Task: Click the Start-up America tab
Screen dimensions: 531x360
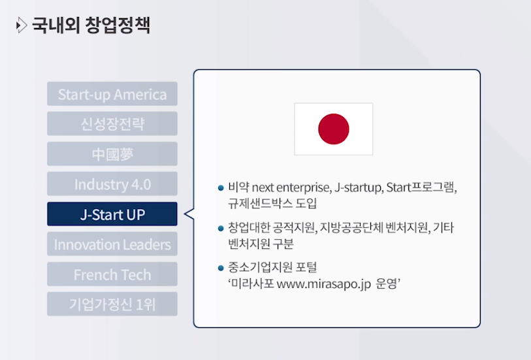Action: click(x=112, y=94)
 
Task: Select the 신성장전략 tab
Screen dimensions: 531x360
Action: click(x=112, y=123)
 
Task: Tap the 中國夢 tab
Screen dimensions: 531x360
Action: click(x=112, y=154)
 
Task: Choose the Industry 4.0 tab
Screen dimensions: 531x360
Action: click(x=112, y=184)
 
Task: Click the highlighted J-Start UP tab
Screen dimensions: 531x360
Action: click(x=112, y=214)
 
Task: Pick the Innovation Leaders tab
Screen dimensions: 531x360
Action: click(x=112, y=244)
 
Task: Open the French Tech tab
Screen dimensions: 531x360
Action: click(x=112, y=274)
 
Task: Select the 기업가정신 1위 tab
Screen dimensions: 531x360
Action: click(x=112, y=304)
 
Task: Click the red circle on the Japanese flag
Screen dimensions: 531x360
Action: click(x=334, y=129)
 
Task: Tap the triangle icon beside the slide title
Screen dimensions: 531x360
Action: click(x=22, y=25)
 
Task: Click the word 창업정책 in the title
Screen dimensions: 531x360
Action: click(x=118, y=25)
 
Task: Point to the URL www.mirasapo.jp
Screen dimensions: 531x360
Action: click(x=324, y=284)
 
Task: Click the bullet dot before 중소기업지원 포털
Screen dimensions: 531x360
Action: click(x=221, y=269)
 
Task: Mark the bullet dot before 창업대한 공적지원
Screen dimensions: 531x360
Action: click(x=221, y=228)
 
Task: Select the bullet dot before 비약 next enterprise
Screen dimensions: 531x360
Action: click(x=221, y=188)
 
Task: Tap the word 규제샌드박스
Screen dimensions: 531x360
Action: click(x=260, y=203)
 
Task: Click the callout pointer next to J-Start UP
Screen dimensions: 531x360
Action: click(x=189, y=214)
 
